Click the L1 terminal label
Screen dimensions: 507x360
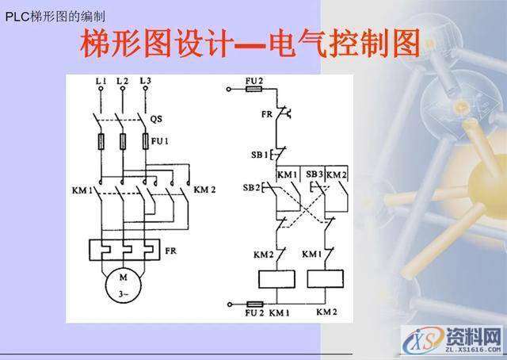(100, 81)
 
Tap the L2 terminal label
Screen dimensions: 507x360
(121, 81)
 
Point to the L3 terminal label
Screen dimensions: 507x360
(144, 81)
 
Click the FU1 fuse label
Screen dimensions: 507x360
(161, 141)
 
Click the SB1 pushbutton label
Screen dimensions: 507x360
(260, 154)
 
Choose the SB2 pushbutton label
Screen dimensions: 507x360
(251, 187)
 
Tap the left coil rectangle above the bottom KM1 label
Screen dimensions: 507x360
(277, 279)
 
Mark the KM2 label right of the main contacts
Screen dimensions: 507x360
(204, 190)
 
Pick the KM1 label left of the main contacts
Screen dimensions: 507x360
(82, 190)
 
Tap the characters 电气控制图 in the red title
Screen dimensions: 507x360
(344, 44)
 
